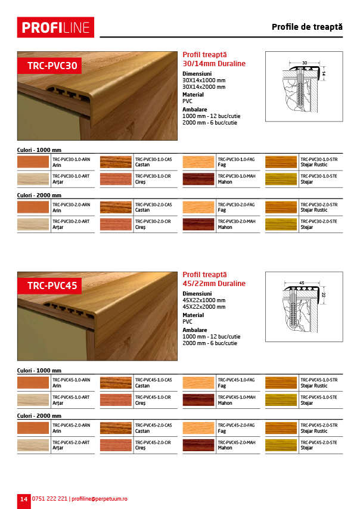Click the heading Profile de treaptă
click(307, 27)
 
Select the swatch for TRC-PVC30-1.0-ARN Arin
click(33, 162)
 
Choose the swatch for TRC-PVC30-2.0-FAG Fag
click(198, 207)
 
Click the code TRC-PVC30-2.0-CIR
click(153, 221)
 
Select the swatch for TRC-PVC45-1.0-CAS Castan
click(116, 382)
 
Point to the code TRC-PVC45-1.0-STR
click(319, 379)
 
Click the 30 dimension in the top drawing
click(304, 62)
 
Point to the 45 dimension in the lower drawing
click(302, 283)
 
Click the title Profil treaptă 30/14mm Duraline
click(213, 59)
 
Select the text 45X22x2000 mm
click(204, 307)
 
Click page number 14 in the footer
click(23, 498)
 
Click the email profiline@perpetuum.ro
click(99, 498)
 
